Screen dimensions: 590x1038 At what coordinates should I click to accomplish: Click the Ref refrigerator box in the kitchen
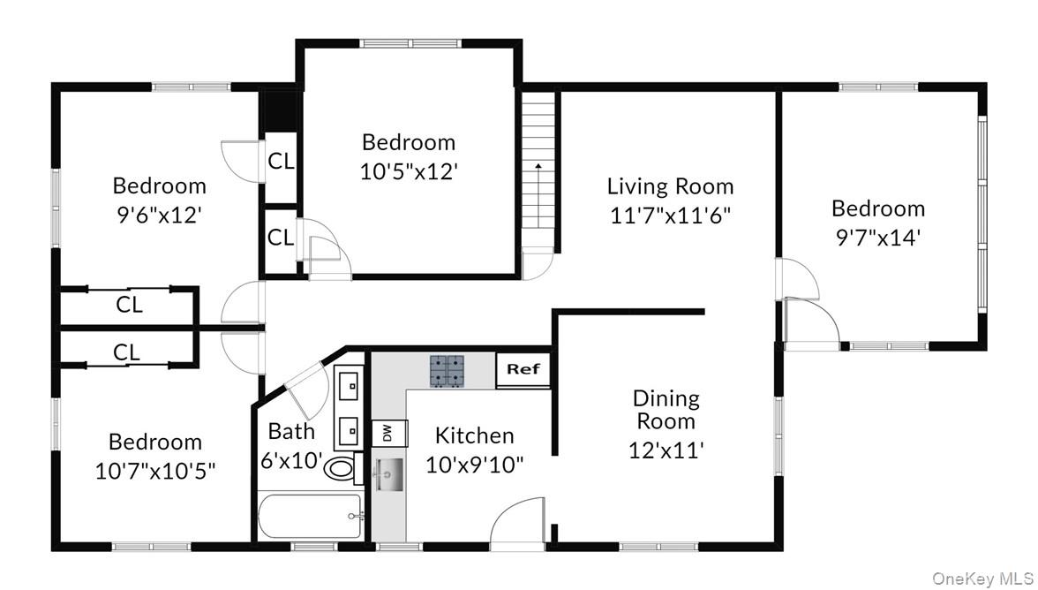(x=523, y=370)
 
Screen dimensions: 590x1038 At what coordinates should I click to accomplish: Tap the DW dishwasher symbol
(x=386, y=433)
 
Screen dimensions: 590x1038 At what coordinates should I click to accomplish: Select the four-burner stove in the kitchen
(x=447, y=371)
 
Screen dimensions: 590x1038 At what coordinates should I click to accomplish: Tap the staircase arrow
(x=537, y=191)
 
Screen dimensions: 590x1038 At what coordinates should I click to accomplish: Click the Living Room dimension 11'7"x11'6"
(x=670, y=215)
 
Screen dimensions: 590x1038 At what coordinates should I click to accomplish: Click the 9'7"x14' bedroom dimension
(x=878, y=237)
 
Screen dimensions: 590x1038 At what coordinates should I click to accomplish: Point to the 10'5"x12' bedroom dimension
(x=408, y=170)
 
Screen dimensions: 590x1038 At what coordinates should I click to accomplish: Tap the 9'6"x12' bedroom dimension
(x=160, y=214)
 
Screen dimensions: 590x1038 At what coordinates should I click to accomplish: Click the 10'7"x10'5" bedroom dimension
(x=155, y=470)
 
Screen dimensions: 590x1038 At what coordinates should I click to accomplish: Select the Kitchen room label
(x=474, y=435)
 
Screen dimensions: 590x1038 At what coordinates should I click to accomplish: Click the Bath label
(x=291, y=431)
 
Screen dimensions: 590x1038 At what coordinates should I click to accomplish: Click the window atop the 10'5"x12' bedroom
(x=408, y=42)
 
